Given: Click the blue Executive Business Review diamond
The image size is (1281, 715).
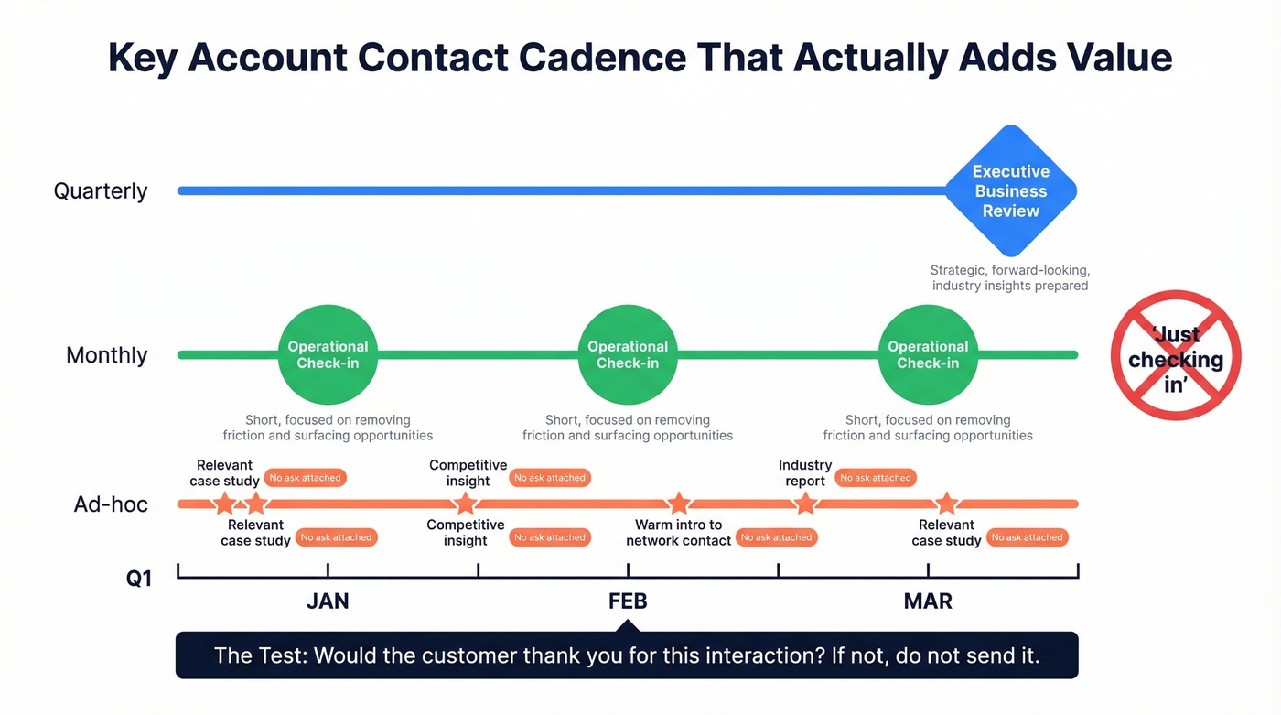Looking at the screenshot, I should pos(1010,190).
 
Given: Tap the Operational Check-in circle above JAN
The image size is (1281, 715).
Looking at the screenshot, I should pos(328,354).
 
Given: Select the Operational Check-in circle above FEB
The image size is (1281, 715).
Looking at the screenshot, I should pos(628,354).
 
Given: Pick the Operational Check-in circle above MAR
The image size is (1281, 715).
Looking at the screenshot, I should pos(928,354).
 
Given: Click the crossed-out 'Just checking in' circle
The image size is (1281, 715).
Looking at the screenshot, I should pos(1176,355).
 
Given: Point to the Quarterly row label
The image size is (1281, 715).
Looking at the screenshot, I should pos(101,191).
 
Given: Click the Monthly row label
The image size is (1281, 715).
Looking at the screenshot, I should pos(106,355).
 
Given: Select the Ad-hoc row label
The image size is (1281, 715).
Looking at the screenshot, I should pos(111,504).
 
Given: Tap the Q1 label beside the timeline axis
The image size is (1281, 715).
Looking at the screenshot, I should pos(139,579).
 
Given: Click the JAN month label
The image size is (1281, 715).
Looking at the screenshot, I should pos(328,601).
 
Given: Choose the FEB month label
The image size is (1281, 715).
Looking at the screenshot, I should pos(628,601).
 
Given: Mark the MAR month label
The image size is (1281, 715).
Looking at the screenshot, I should pos(928,601).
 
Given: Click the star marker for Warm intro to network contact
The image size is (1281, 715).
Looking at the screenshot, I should pos(678,504).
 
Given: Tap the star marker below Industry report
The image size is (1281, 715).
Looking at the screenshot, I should pos(804,504).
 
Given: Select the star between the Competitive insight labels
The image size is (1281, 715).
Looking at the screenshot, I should pos(466,504).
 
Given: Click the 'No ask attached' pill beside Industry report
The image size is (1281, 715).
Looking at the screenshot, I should pos(876,478).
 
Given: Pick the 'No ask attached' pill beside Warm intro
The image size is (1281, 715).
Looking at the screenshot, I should pos(777,537).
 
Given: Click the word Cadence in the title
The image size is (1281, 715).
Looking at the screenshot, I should pos(602,58).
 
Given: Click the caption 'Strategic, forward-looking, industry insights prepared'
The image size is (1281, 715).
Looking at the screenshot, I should pos(1010,278).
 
